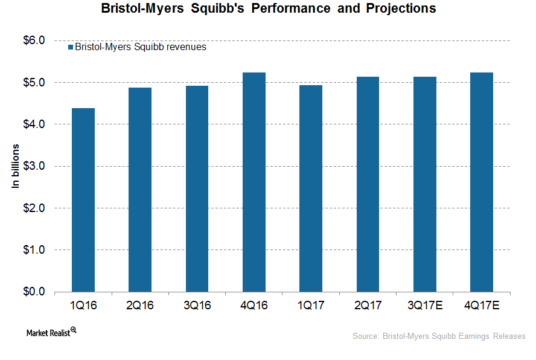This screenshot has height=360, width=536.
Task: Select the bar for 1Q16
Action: tap(83, 200)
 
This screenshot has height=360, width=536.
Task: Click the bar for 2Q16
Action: tap(140, 190)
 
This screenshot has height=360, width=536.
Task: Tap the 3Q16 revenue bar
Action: tap(197, 188)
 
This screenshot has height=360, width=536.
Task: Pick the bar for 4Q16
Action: tap(254, 182)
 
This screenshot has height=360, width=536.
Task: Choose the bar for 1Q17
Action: tap(311, 188)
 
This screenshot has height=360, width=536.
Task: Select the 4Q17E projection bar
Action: tap(482, 182)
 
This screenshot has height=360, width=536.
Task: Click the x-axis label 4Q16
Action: tap(254, 306)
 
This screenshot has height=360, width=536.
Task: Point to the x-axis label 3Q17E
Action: tap(425, 306)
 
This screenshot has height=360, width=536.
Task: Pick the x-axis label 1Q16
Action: tap(83, 306)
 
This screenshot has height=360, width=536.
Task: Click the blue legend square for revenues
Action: tap(70, 47)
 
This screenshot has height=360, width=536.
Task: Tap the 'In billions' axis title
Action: tap(16, 166)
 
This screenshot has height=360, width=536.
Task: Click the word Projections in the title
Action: tap(400, 9)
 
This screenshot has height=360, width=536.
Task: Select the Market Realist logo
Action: tap(51, 332)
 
